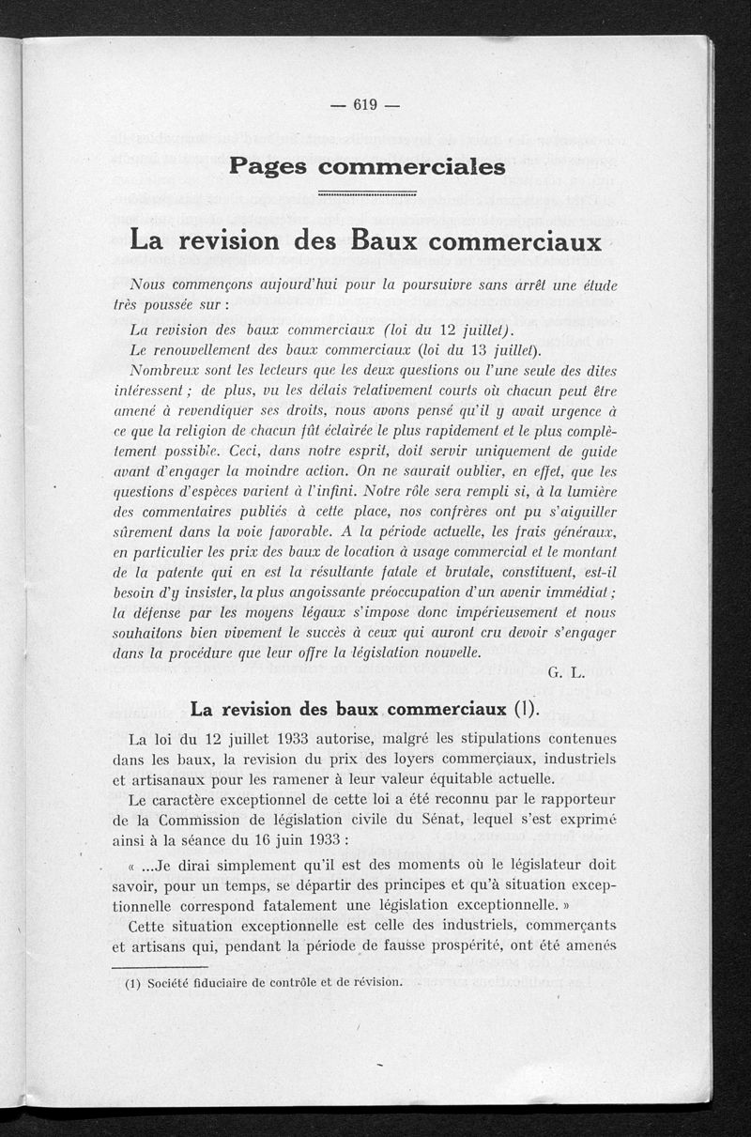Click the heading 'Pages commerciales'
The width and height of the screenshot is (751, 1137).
(x=367, y=166)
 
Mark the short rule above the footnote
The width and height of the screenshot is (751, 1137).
(x=159, y=966)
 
